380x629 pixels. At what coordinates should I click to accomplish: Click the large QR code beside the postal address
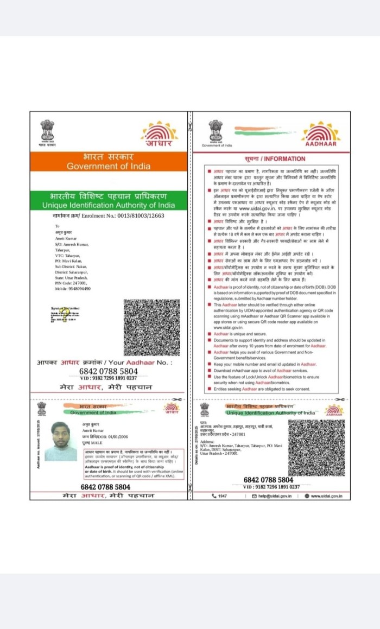tap(151, 327)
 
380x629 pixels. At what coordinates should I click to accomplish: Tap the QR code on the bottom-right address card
tap(316, 448)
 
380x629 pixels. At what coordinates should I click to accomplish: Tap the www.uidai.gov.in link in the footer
tap(326, 495)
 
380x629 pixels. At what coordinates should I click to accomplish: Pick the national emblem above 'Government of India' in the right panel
tap(216, 131)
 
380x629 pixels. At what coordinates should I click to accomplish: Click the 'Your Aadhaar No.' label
tap(142, 362)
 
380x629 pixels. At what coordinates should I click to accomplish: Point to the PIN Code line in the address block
tap(71, 283)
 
